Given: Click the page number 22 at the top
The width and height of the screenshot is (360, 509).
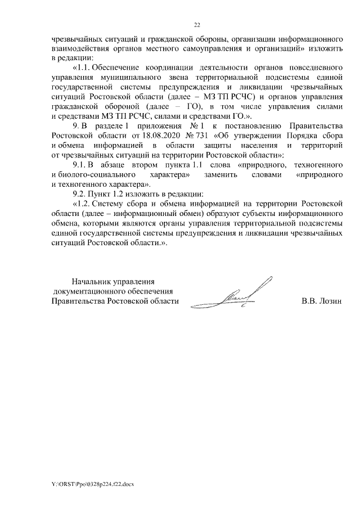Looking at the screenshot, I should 197,25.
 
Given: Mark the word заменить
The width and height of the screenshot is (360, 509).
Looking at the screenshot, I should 239,174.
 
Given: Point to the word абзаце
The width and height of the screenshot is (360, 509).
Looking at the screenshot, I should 133,164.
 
